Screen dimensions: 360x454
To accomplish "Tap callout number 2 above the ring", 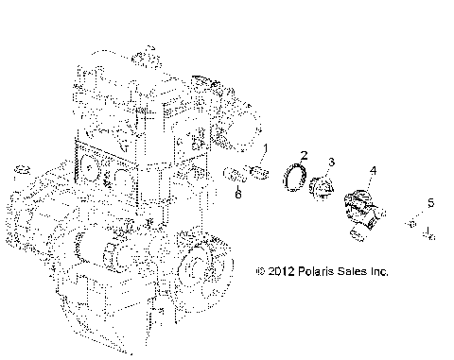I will pos(305,155).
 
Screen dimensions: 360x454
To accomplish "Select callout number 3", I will pos(331,163).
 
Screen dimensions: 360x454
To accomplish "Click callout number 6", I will pos(238,194).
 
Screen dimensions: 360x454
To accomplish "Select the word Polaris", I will pos(316,271).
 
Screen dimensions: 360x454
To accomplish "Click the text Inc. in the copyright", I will pos(380,271).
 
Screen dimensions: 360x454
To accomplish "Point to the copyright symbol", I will pos(261,271).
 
